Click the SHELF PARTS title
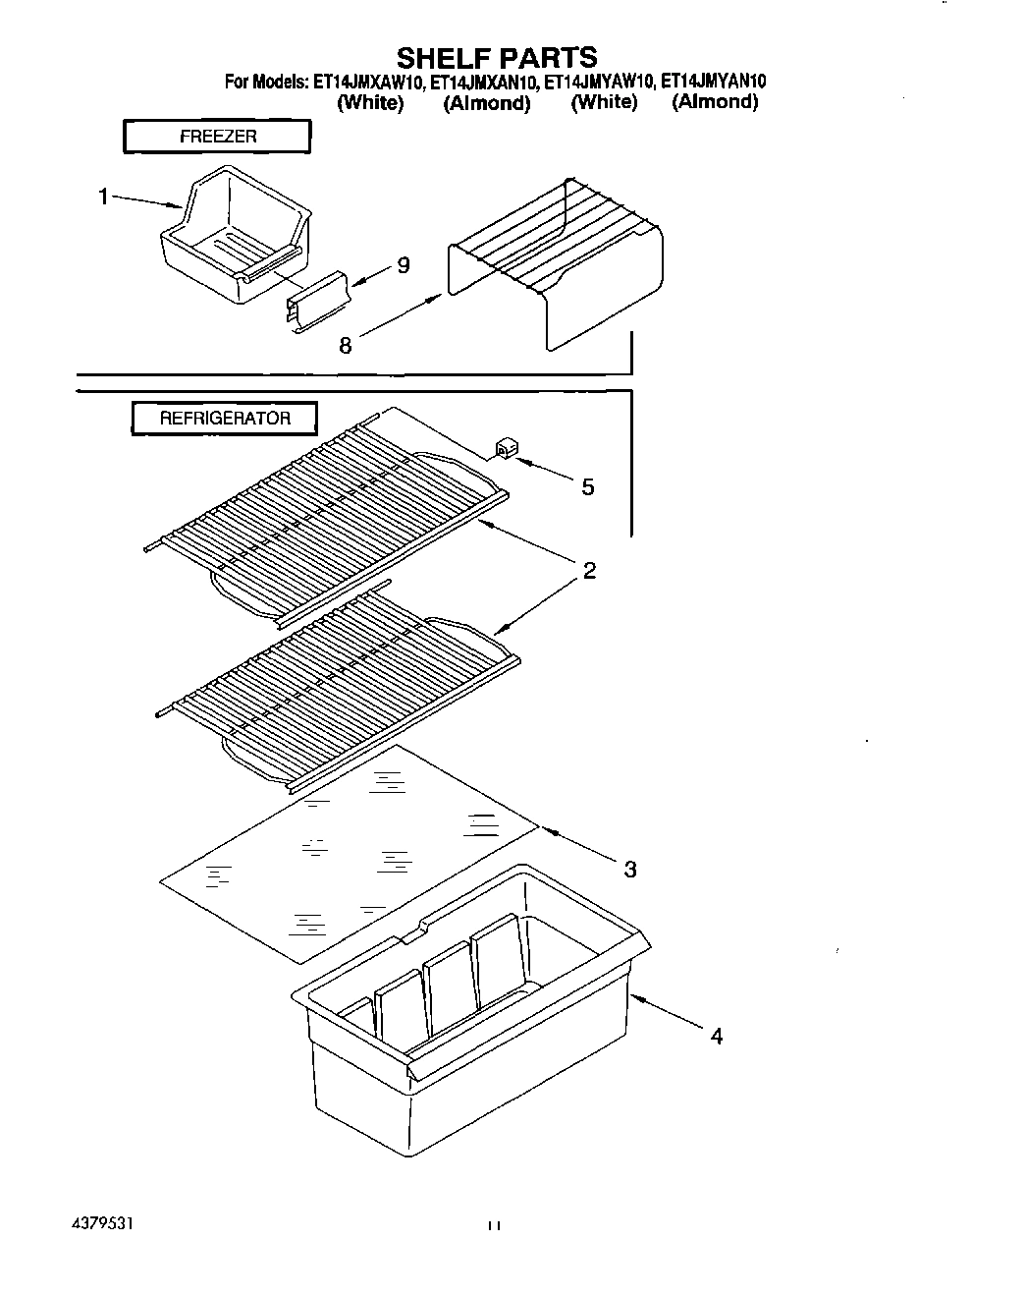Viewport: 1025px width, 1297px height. click(x=496, y=57)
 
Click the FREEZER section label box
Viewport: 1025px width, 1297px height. click(x=217, y=137)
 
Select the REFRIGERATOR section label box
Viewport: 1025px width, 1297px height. click(x=225, y=418)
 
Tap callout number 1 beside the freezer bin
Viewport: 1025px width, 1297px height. click(x=102, y=197)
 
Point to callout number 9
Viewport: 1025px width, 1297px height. click(x=404, y=265)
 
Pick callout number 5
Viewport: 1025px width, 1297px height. click(x=587, y=486)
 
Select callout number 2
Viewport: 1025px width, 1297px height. click(x=589, y=570)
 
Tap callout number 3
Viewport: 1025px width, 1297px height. click(x=629, y=869)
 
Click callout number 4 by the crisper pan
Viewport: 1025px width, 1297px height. click(x=717, y=1036)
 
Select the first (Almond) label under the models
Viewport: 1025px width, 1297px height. click(x=487, y=103)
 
